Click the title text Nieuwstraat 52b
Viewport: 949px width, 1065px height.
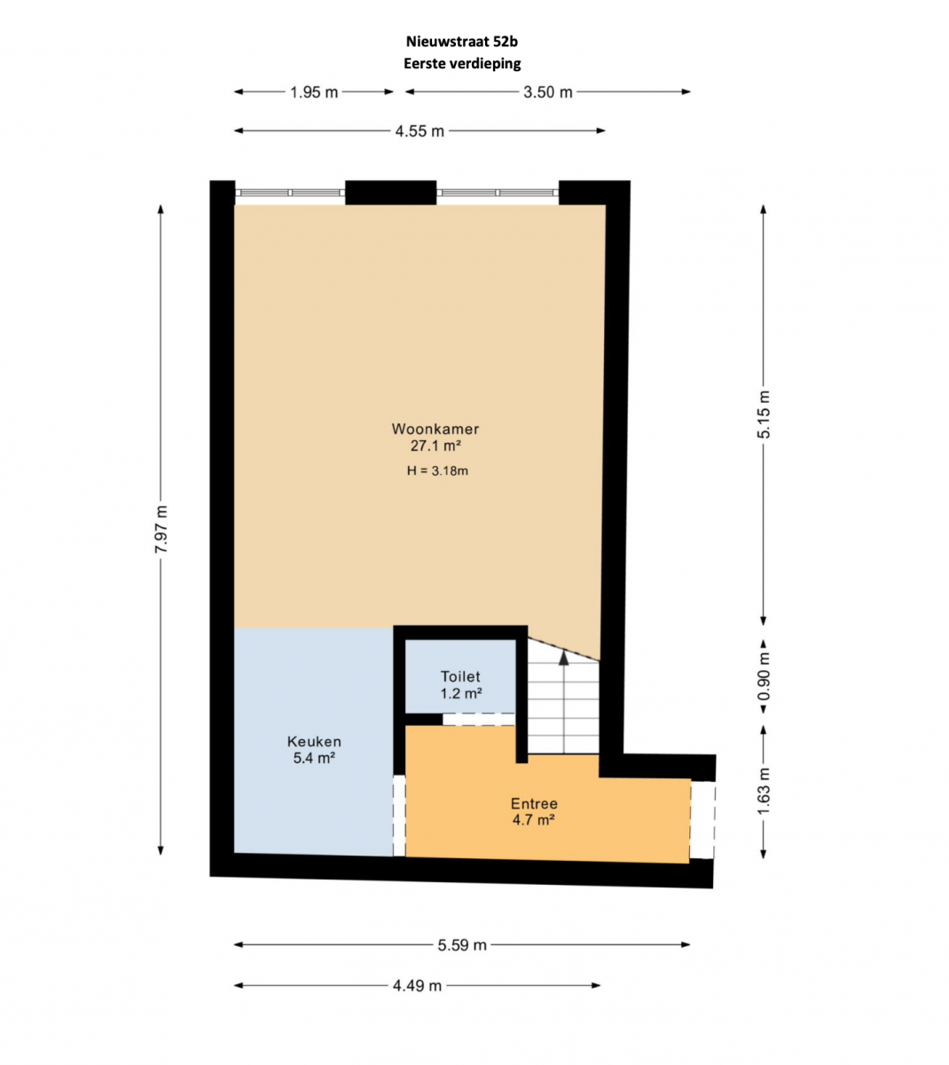click(x=461, y=42)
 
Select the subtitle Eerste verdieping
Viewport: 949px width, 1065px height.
click(x=462, y=64)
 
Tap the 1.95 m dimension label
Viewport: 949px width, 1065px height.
click(x=314, y=92)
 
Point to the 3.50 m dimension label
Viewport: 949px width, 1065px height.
click(x=547, y=92)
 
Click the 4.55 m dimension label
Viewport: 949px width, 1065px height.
click(x=420, y=130)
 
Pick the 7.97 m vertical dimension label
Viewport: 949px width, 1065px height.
click(x=161, y=529)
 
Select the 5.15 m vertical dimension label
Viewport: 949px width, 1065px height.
click(x=764, y=414)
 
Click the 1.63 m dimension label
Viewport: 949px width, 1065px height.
click(x=764, y=791)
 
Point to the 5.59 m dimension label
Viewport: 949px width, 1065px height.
click(x=462, y=945)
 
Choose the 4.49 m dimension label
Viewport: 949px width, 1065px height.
click(x=417, y=986)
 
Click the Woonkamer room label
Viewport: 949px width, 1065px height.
click(x=435, y=429)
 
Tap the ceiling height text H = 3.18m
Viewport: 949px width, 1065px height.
click(x=437, y=471)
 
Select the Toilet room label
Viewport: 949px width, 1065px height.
click(x=460, y=676)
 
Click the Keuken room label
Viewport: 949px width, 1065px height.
click(x=314, y=742)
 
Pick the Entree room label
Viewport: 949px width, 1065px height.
click(x=534, y=804)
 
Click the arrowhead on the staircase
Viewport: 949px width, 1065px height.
click(x=563, y=658)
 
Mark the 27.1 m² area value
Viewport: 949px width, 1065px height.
click(x=435, y=446)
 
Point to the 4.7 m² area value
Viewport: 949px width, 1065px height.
click(x=534, y=819)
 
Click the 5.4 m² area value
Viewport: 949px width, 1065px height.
click(x=314, y=758)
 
